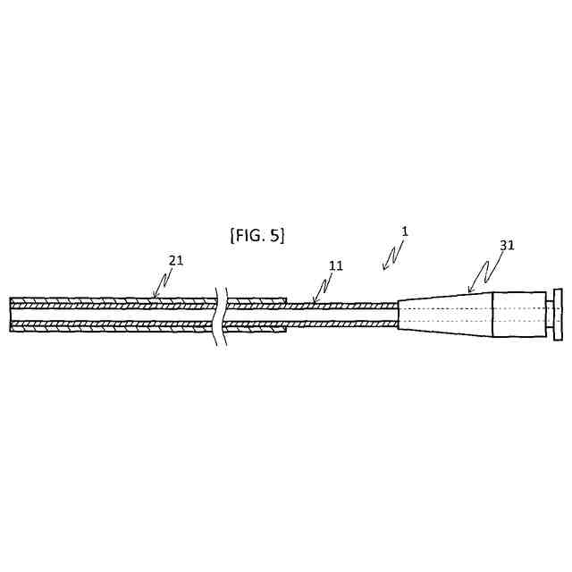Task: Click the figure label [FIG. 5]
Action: (257, 235)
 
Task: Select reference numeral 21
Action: (177, 260)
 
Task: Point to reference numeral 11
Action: (335, 266)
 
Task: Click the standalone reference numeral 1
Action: (404, 231)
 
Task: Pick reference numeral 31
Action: (507, 245)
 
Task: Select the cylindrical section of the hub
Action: (519, 314)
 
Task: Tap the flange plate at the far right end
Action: (558, 314)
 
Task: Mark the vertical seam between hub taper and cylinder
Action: (493, 314)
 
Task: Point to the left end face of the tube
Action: (11, 315)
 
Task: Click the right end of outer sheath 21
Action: (286, 315)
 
